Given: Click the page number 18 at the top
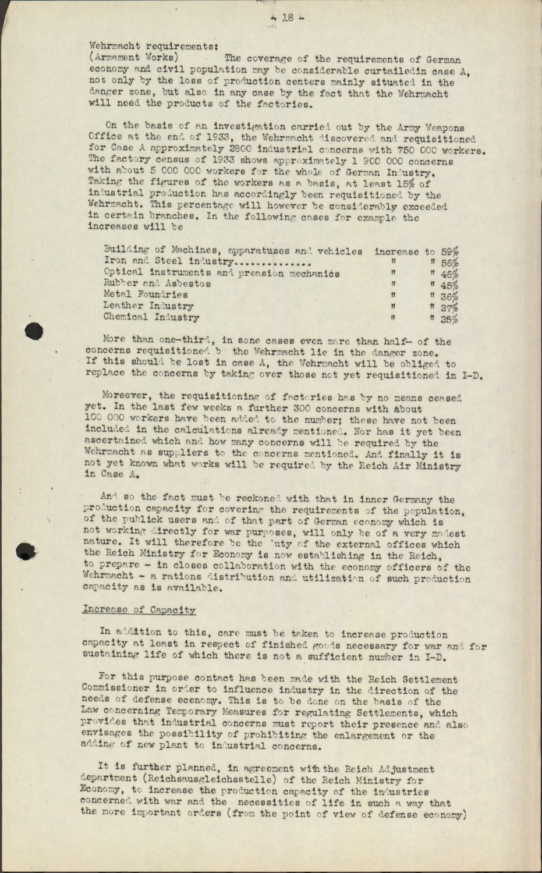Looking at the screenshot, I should (x=287, y=18).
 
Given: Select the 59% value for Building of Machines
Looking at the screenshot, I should (x=449, y=252).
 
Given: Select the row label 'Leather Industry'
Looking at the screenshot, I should (x=148, y=306).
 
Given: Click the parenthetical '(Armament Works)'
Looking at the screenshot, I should (x=133, y=57).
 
